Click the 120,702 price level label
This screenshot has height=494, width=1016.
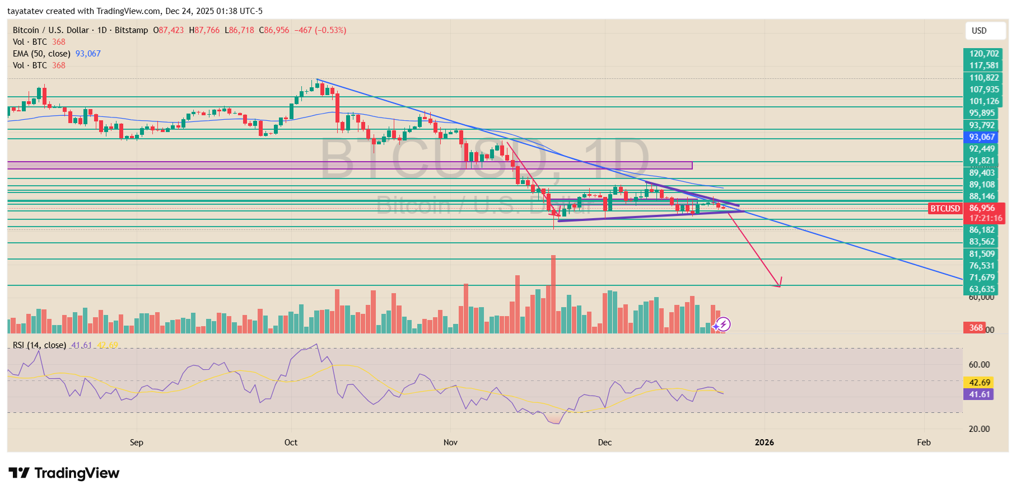point(984,54)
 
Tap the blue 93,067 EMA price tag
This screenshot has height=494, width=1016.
point(982,137)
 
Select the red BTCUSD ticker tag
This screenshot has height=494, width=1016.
point(945,209)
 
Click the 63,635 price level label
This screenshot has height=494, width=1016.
point(982,289)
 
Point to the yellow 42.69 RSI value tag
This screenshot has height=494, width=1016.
point(979,383)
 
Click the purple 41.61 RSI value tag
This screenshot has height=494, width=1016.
point(979,394)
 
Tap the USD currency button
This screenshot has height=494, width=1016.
point(979,31)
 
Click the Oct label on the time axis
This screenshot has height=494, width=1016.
point(291,443)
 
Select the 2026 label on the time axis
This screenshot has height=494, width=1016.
point(764,443)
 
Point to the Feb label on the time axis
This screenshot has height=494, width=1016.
point(924,443)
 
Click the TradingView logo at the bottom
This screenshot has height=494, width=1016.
point(64,473)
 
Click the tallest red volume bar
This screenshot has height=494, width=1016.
point(553,294)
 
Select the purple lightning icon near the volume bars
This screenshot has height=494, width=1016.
point(723,324)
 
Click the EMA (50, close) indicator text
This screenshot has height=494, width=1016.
point(41,54)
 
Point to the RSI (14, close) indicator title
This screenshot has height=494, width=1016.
point(39,345)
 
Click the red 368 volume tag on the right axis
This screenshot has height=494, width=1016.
point(976,328)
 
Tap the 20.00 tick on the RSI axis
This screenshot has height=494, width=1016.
point(979,429)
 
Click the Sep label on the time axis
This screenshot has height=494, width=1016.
point(136,443)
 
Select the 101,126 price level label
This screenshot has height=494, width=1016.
point(984,101)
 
